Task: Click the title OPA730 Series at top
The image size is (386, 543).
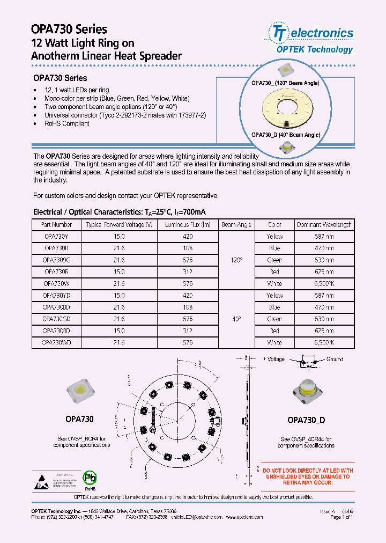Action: tap(70, 30)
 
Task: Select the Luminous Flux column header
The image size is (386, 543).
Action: tap(188, 225)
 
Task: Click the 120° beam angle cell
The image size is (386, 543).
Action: tap(236, 260)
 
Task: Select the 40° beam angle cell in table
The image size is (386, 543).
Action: tap(236, 319)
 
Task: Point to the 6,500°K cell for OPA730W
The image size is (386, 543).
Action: tap(324, 284)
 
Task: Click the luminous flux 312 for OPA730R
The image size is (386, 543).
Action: tap(188, 272)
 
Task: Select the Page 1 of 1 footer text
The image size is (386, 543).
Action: tap(342, 517)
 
